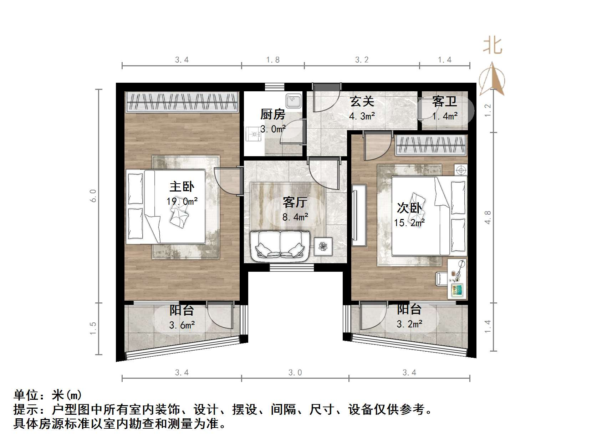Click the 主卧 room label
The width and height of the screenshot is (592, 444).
pyautogui.click(x=182, y=187)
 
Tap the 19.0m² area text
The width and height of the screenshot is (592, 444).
pyautogui.click(x=182, y=202)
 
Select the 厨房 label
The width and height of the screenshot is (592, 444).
pyautogui.click(x=272, y=114)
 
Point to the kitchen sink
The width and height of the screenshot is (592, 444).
pyautogui.click(x=294, y=101)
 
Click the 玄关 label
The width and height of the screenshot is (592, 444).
pyautogui.click(x=362, y=102)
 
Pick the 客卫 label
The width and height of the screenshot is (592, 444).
pyautogui.click(x=444, y=102)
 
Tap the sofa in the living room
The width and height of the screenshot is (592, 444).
pyautogui.click(x=280, y=245)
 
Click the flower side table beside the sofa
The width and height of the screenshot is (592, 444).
pyautogui.click(x=323, y=246)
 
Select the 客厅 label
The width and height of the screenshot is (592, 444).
pyautogui.click(x=295, y=202)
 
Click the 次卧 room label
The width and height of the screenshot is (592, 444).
pyautogui.click(x=409, y=208)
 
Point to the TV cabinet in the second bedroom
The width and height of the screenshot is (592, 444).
pyautogui.click(x=358, y=215)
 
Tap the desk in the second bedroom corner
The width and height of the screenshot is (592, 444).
pyautogui.click(x=457, y=279)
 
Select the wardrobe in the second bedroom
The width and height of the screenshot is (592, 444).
pyautogui.click(x=431, y=146)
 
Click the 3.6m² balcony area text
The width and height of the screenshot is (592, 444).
pyautogui.click(x=182, y=325)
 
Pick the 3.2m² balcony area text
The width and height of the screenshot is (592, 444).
pyautogui.click(x=410, y=324)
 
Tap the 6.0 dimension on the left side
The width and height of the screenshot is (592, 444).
pyautogui.click(x=93, y=196)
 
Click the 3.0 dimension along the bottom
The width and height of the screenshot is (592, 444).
pyautogui.click(x=295, y=373)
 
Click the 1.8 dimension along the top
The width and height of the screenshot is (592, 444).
pyautogui.click(x=273, y=60)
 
